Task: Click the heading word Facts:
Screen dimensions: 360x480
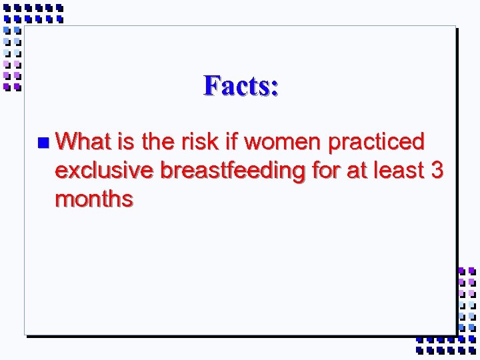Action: point(241,85)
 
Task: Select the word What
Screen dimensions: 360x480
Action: point(83,141)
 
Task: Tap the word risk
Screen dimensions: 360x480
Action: point(215,141)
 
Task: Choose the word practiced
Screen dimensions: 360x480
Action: point(385,143)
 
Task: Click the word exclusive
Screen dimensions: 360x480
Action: point(104,171)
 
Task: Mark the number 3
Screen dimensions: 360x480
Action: point(437,171)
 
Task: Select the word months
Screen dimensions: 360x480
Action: point(94,199)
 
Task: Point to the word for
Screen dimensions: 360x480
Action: point(326,171)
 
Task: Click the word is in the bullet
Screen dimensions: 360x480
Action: point(125,141)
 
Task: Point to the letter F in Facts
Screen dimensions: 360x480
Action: point(212,85)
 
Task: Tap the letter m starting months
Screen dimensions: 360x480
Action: point(65,200)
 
